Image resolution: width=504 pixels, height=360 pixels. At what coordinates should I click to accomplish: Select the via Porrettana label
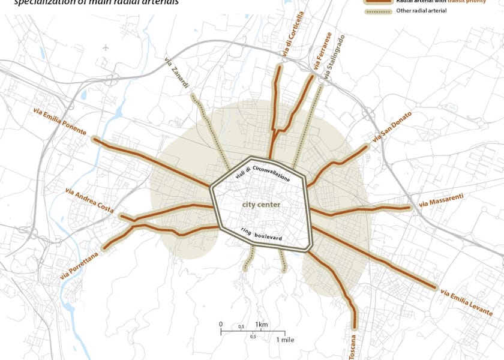click(79, 265)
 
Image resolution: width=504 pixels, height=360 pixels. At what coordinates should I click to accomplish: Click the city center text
click(261, 205)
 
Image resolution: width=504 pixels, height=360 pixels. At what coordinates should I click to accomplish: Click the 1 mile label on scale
click(285, 340)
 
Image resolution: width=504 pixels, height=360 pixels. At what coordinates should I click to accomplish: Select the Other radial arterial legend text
click(422, 11)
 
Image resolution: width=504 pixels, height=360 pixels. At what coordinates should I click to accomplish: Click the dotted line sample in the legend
click(377, 11)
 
